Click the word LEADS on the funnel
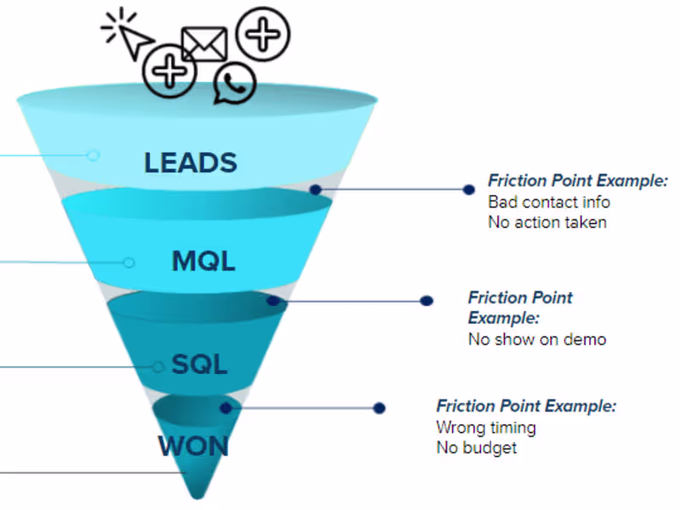tap(190, 162)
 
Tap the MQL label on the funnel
tap(203, 261)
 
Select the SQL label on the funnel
tap(200, 365)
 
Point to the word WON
tap(193, 445)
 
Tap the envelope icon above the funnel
tap(204, 44)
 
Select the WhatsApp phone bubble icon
tap(235, 84)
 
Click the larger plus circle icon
tap(263, 33)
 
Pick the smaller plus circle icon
tap(170, 70)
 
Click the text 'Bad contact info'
tap(549, 202)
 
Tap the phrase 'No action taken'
tap(547, 223)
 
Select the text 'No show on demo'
tap(537, 339)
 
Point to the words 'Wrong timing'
tap(486, 428)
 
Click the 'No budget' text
tap(476, 448)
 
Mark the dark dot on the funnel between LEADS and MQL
tap(315, 190)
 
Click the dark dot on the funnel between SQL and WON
tap(225, 408)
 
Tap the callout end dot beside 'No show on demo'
tap(428, 301)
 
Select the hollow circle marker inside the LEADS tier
tap(93, 155)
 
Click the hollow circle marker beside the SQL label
tap(158, 366)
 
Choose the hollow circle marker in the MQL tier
tap(128, 263)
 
